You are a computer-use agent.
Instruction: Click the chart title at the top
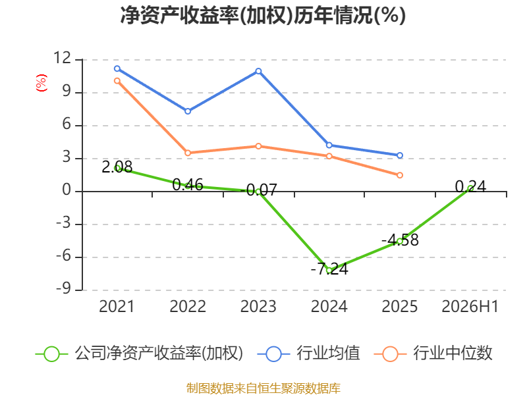click(263, 15)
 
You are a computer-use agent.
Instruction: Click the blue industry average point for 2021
click(117, 68)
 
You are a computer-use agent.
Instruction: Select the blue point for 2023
click(258, 71)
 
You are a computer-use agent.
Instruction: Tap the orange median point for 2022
click(188, 153)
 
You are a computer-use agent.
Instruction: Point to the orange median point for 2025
click(400, 175)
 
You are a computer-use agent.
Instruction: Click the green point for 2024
click(329, 271)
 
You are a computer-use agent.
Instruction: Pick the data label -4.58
click(400, 240)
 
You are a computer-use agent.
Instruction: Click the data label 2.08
click(117, 167)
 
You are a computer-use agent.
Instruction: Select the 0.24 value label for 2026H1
click(470, 186)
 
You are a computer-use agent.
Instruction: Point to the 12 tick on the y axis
click(63, 58)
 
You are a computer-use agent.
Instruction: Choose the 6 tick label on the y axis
click(67, 124)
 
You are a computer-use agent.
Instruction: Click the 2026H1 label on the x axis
click(470, 306)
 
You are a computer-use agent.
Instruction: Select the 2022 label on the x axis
click(188, 306)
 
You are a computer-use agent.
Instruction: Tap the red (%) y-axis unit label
click(42, 83)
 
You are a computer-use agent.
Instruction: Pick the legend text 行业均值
click(328, 354)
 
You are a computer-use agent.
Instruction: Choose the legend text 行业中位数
click(453, 354)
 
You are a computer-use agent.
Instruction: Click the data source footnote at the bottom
click(263, 388)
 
